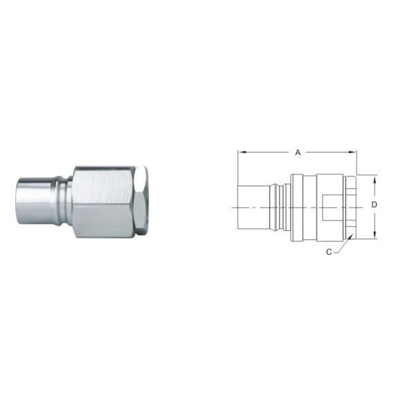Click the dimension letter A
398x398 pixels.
298,153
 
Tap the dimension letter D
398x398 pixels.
374,204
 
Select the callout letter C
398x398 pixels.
329,252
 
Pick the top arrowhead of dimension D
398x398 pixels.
375,179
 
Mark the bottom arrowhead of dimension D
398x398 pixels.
375,235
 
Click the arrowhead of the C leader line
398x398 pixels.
351,236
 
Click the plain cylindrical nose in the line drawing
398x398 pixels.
253,208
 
